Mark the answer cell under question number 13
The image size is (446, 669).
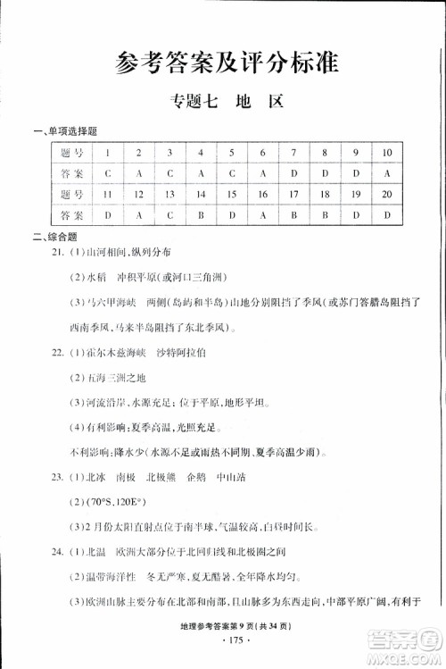click(168, 215)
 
